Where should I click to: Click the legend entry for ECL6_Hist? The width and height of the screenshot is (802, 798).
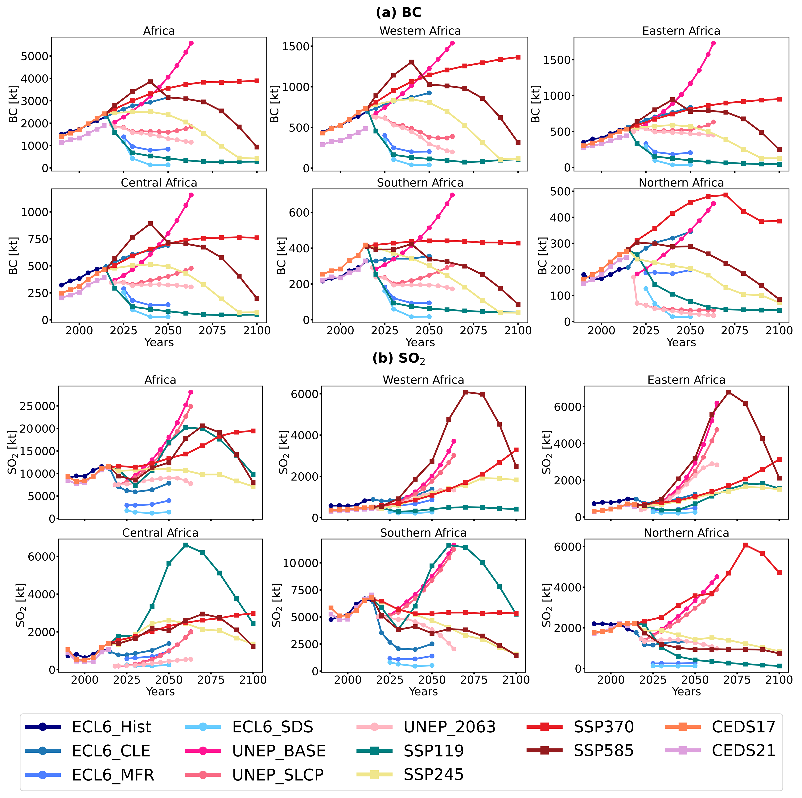point(111,727)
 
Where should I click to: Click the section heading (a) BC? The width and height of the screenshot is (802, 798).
point(398,12)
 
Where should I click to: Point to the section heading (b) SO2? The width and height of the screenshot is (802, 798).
point(398,358)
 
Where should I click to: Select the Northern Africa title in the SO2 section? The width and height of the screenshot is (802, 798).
point(686,533)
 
